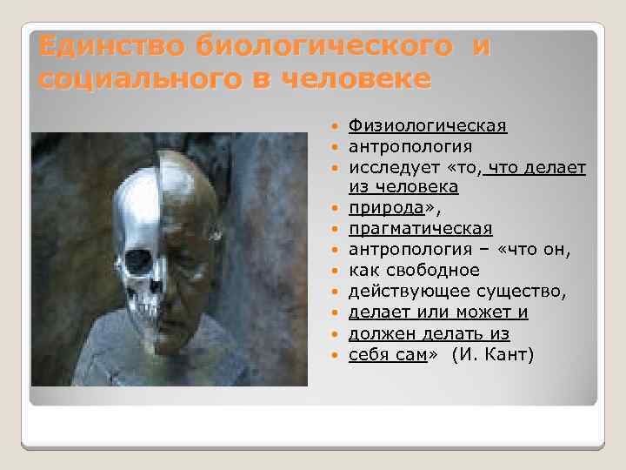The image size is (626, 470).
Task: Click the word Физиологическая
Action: (428, 127)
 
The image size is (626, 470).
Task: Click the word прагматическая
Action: (420, 229)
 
